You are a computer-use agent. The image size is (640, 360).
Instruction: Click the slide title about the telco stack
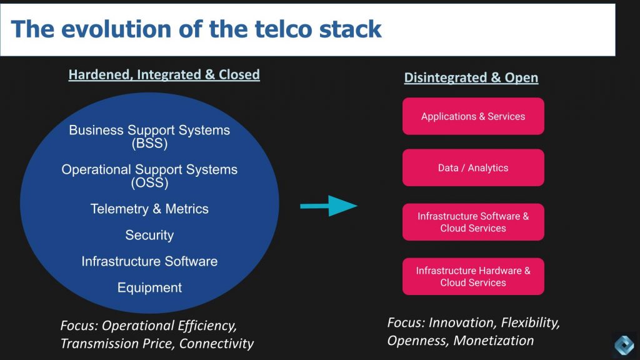pos(196,29)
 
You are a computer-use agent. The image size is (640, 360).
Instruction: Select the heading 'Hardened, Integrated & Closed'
pos(164,74)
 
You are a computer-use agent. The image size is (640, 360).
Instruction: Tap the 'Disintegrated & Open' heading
pos(471,77)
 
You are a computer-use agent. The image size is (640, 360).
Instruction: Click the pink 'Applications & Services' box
pos(473,116)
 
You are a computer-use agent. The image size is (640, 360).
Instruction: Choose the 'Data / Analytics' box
pos(473,167)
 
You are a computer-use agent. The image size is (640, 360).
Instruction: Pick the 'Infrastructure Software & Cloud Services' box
pos(473,222)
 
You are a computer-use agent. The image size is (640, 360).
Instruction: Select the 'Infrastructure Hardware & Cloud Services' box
pos(473,276)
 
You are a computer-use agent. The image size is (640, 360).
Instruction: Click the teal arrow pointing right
pos(329,206)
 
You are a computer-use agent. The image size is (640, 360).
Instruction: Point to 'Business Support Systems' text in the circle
pos(149,131)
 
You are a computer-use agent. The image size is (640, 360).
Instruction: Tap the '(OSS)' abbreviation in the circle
pos(149,183)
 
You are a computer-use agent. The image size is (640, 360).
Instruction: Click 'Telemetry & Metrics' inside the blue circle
pos(149,209)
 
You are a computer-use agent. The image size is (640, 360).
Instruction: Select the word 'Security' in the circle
pos(149,235)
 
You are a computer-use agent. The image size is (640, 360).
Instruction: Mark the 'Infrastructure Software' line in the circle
pos(149,261)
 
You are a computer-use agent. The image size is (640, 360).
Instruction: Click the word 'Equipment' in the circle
pos(149,287)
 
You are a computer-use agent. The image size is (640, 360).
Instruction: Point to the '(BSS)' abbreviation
pos(149,144)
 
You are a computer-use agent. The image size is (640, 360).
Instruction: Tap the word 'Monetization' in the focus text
pos(494,341)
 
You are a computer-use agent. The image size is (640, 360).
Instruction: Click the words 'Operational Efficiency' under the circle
pos(169,326)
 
